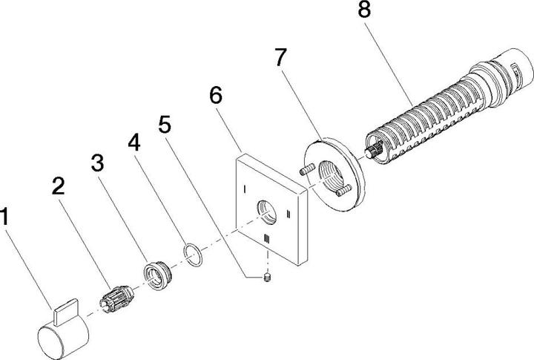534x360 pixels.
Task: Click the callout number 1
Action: pyautogui.click(x=7, y=217)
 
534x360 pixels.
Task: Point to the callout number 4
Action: pyautogui.click(x=133, y=141)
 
